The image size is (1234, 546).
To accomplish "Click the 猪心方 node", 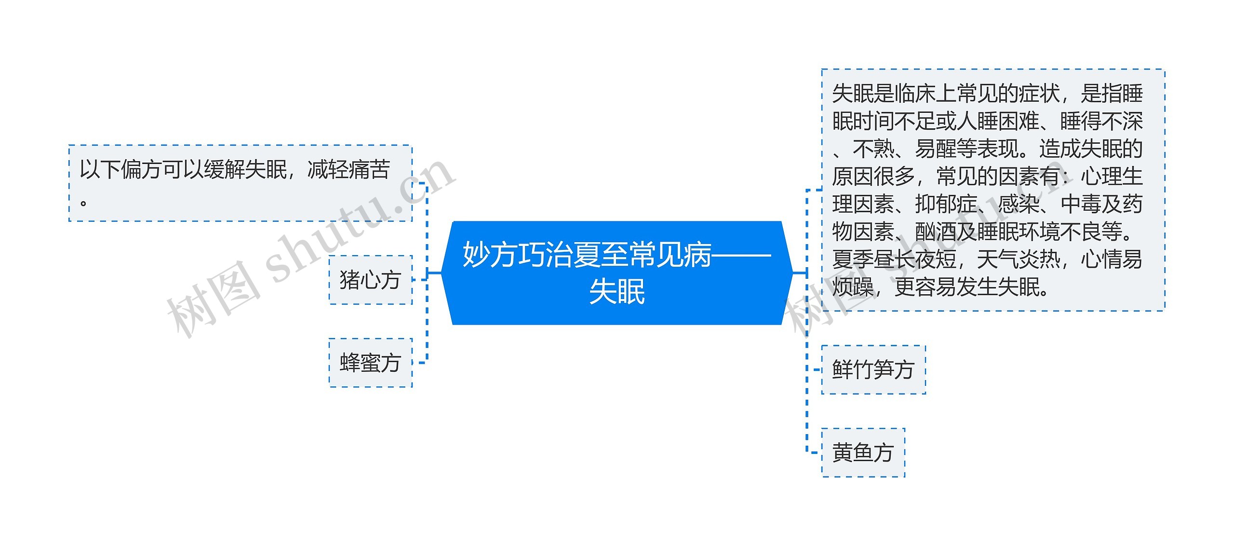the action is point(370,280).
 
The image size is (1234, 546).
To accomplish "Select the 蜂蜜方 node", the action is point(370,363).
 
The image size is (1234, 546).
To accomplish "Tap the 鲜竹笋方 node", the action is point(873,370).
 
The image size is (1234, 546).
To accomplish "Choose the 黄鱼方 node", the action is point(863,452).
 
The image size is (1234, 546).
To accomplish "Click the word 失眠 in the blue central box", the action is point(617,292).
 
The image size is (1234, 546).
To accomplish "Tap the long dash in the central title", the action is point(741,255).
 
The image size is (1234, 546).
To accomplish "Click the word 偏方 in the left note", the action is point(141,170).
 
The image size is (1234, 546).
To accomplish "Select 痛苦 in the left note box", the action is point(369,170).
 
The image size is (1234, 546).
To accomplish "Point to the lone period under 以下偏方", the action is point(84,203).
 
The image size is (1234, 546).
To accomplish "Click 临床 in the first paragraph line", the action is point(915,94).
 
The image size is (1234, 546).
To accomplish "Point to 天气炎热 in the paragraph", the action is point(1018,259).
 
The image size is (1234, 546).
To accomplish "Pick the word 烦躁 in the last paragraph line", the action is point(853,287).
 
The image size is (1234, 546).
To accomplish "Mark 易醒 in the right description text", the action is point(936,149).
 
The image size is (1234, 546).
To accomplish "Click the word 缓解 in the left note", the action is point(224,170).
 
